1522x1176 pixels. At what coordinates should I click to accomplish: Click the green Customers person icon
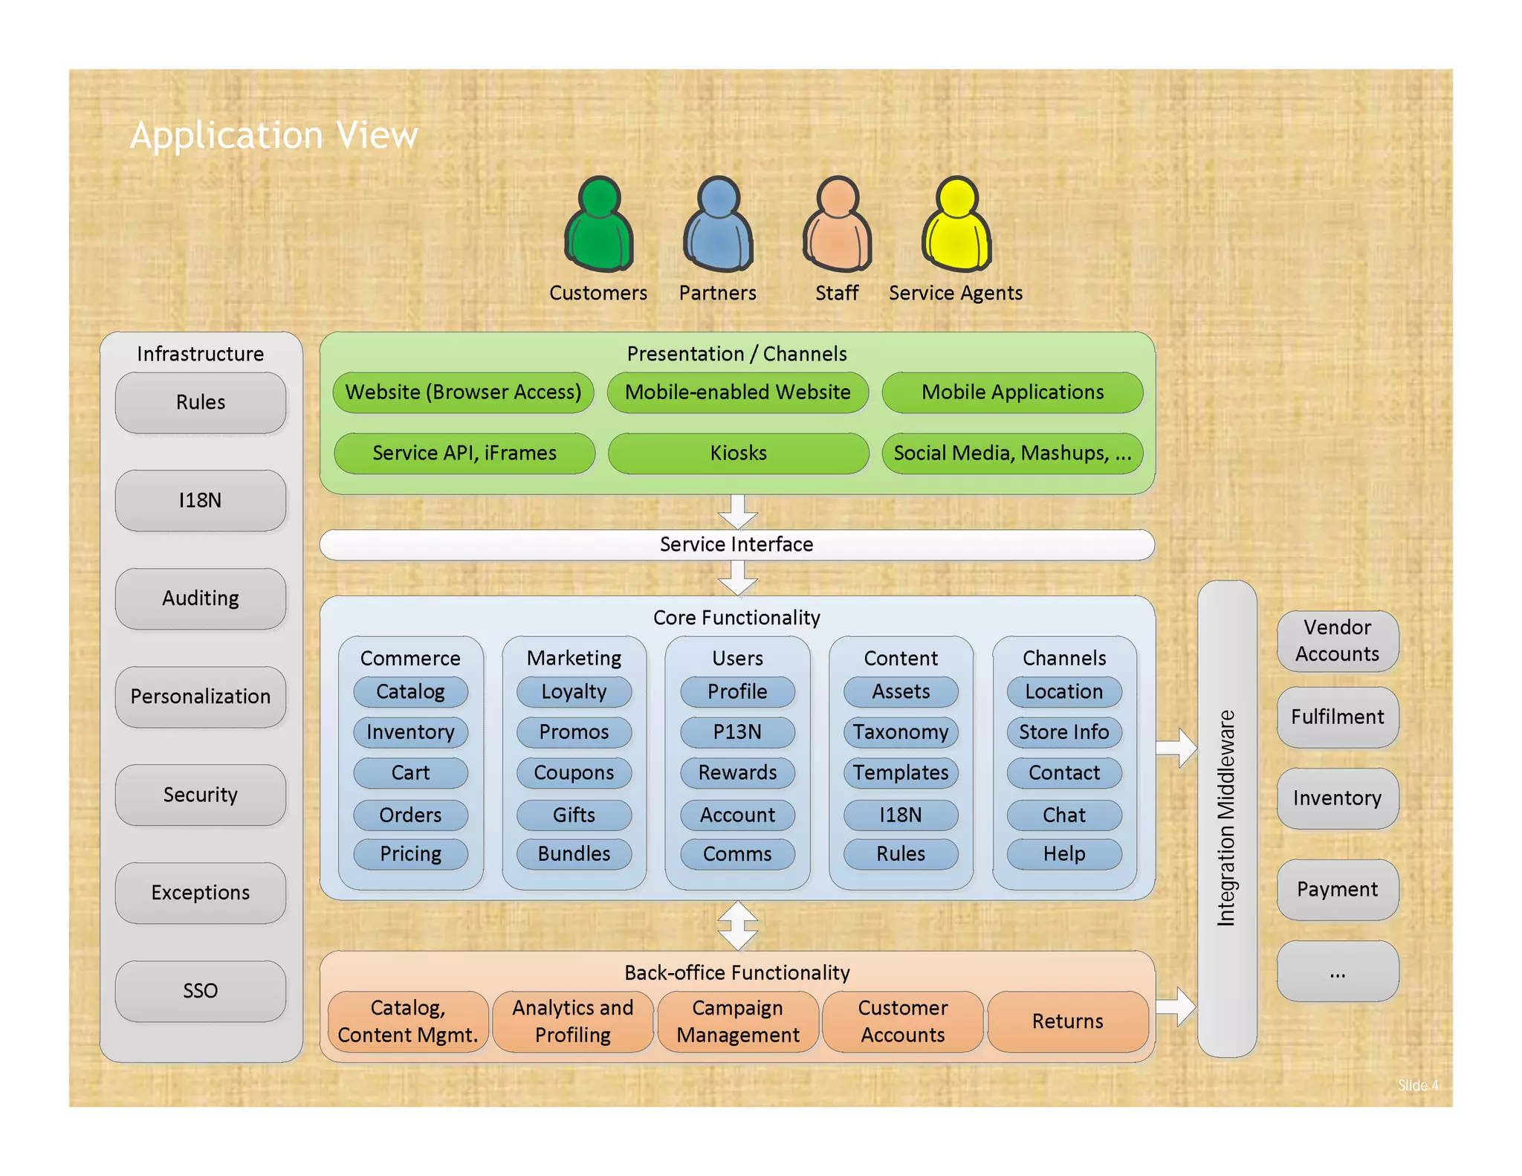pos(598,224)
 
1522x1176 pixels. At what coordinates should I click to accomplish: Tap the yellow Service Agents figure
pos(956,224)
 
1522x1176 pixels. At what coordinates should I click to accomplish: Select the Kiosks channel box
pos(738,453)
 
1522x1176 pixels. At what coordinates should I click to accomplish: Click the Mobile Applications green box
pos(1012,392)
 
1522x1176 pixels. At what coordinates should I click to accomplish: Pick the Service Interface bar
pos(736,544)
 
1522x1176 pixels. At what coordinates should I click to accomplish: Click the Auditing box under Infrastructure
pos(200,598)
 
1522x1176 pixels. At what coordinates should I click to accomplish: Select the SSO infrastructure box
pos(200,990)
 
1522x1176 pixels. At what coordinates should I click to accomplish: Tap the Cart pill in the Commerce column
pos(410,772)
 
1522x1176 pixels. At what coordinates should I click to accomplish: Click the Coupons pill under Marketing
pos(574,772)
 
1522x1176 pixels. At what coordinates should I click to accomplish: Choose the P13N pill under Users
pos(737,731)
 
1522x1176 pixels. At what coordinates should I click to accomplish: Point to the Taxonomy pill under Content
pos(901,731)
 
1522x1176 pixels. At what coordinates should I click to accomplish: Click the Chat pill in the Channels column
pos(1064,815)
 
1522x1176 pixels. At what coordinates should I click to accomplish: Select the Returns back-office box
pos(1067,1021)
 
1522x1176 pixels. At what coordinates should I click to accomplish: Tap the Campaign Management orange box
pos(738,1021)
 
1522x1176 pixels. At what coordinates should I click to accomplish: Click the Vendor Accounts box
pos(1337,640)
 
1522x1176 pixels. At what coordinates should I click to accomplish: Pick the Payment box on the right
pos(1337,889)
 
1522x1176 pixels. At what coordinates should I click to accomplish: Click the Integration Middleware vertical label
pos(1226,818)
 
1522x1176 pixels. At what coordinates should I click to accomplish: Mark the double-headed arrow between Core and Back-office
pos(738,925)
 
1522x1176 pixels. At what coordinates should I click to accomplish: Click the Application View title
pos(273,135)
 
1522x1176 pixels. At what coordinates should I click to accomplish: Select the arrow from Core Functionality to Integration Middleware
pos(1177,748)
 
